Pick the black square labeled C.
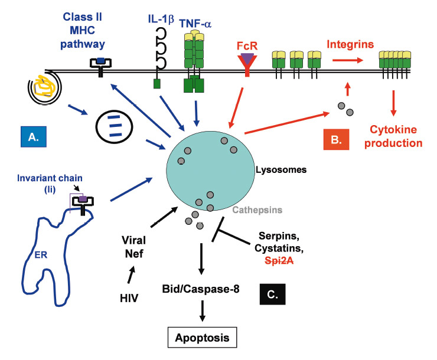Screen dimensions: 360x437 (272, 292)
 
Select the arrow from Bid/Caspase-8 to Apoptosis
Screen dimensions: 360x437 (203, 311)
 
